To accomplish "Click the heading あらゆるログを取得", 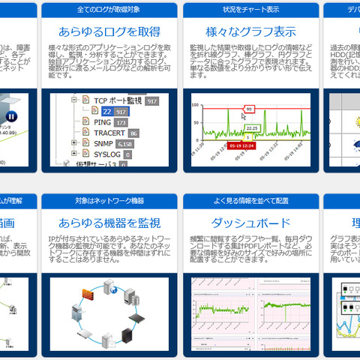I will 109,31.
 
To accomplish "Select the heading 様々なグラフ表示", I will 250,31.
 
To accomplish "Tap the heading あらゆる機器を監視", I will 109,223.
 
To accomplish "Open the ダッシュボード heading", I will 250,223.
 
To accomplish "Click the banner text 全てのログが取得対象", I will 109,10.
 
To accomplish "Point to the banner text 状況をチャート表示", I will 250,10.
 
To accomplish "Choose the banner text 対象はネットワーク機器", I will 109,201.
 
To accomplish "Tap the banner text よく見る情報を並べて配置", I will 250,201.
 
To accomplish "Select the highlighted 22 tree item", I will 107,111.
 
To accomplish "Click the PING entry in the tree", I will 102,121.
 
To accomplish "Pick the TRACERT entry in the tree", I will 108,132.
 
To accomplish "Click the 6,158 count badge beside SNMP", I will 127,143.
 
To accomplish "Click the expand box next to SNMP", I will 73,142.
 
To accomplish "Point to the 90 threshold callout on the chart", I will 250,108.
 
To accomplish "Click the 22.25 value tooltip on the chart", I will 253,127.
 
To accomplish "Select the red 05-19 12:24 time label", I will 241,145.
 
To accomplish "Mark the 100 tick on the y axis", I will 196,103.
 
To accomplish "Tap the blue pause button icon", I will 11,116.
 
